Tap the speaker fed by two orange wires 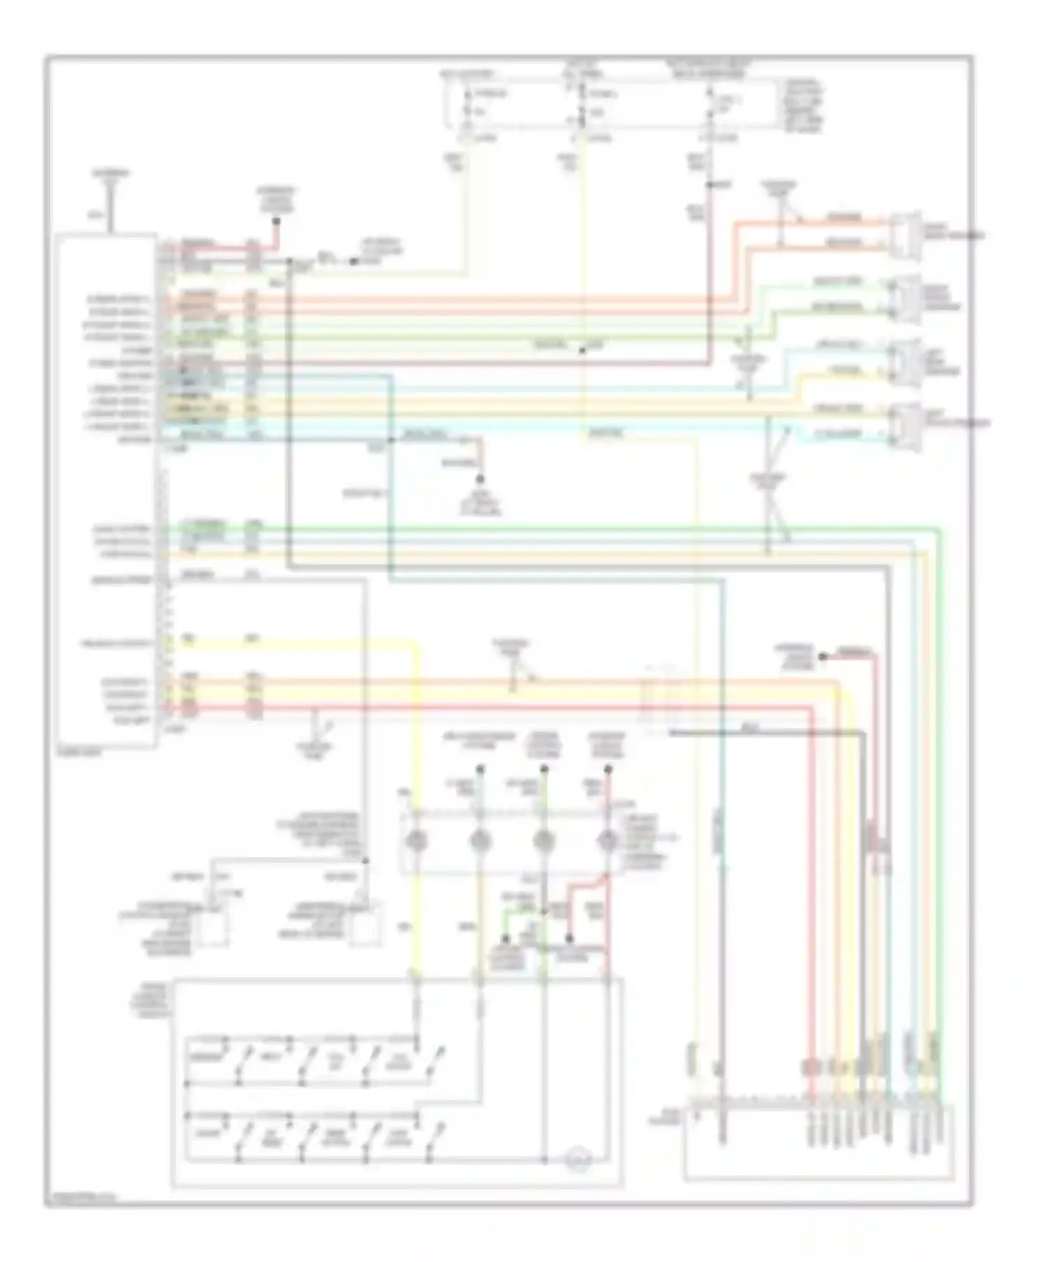click(901, 236)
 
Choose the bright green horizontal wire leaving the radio click(489, 529)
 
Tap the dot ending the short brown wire click(480, 480)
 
